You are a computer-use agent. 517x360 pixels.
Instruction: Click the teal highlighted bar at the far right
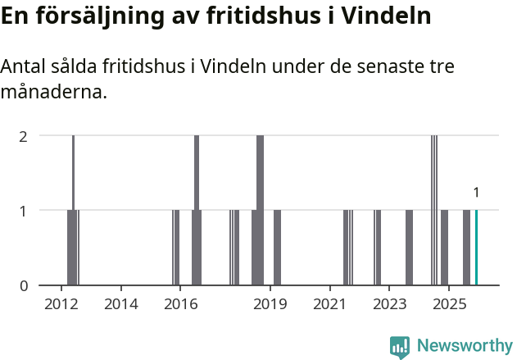click(x=476, y=248)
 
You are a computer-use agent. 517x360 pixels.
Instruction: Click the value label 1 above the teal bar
click(x=476, y=193)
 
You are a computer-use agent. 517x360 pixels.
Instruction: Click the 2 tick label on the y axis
click(x=24, y=135)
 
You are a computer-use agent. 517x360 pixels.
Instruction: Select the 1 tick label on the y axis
click(x=24, y=211)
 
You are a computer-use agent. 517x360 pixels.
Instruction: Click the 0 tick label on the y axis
click(x=24, y=285)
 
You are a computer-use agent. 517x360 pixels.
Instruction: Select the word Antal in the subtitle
click(x=24, y=66)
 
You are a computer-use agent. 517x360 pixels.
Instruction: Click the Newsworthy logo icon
click(x=400, y=347)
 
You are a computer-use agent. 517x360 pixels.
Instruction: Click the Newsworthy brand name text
click(x=465, y=347)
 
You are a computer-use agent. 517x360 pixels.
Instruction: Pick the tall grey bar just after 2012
click(x=73, y=210)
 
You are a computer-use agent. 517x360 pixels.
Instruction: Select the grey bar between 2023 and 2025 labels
click(x=409, y=248)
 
